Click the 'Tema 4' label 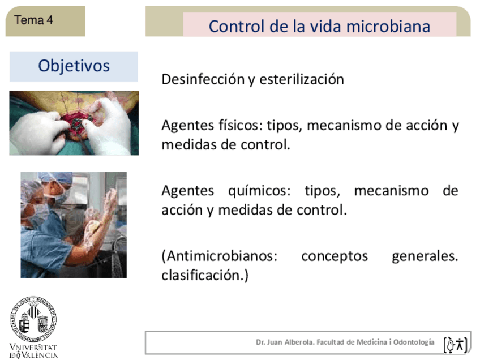click(33, 20)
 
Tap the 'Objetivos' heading click(74, 66)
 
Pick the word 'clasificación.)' click(205, 276)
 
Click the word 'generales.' click(425, 256)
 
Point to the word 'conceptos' click(334, 256)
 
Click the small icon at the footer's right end click(455, 344)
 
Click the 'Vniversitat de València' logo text click(33, 351)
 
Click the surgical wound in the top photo click(77, 122)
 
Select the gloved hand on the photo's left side click(37, 131)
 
